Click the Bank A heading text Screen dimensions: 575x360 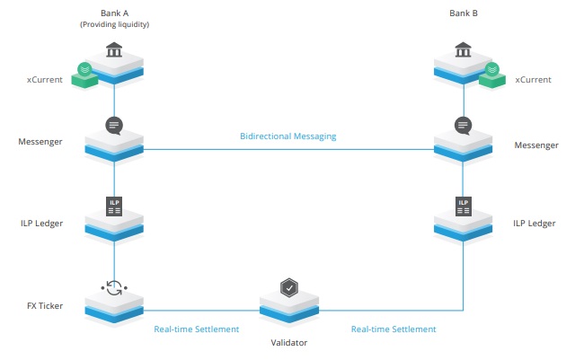[x=114, y=13]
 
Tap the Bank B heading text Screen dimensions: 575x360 [x=464, y=13]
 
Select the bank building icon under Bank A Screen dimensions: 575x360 [x=114, y=50]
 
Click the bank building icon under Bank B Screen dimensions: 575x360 [x=463, y=50]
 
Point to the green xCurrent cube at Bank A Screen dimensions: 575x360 [x=84, y=76]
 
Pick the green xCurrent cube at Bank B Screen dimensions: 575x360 [x=492, y=76]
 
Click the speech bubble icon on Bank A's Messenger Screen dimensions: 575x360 [x=114, y=126]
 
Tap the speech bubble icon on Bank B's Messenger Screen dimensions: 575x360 [x=464, y=126]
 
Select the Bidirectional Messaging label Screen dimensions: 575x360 [x=287, y=136]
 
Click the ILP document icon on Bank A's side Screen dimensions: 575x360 [x=114, y=206]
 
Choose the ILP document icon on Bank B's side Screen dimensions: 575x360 [x=464, y=206]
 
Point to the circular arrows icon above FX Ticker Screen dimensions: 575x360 [x=114, y=288]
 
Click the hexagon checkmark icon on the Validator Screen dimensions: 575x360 [x=289, y=288]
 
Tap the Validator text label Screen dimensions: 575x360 [x=289, y=343]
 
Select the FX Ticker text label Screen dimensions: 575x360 [x=45, y=306]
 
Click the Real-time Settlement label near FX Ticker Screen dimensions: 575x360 [x=196, y=329]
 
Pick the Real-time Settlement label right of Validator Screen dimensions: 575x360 [x=394, y=329]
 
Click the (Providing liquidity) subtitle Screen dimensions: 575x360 [x=114, y=24]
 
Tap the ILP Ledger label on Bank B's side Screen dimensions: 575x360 [x=535, y=224]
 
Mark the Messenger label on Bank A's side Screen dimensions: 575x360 [x=40, y=142]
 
